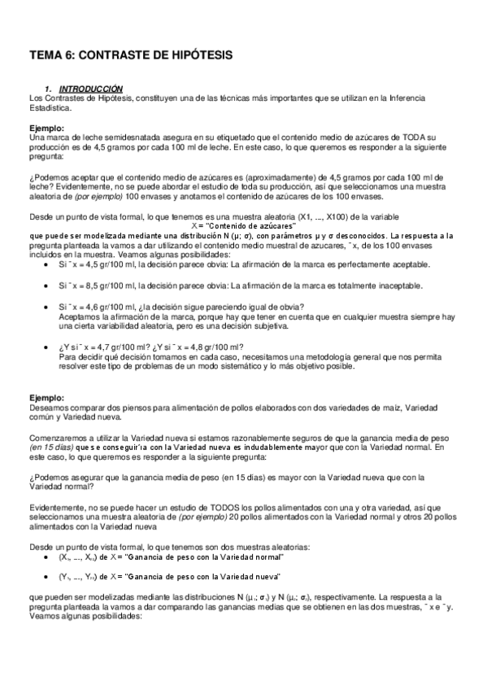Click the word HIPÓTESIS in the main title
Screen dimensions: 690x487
click(x=195, y=55)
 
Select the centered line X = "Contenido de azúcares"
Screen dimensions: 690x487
click(x=243, y=225)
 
